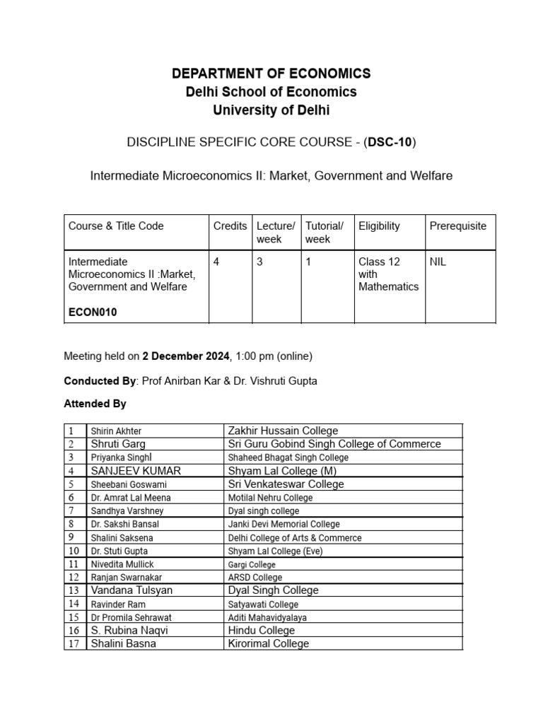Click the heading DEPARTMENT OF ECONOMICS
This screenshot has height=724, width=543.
click(271, 74)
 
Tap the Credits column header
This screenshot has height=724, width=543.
click(230, 226)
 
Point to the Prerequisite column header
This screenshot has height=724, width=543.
click(457, 226)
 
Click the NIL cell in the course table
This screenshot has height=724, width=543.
click(438, 262)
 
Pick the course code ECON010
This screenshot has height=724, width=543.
click(93, 313)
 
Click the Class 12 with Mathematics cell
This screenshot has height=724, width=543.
click(388, 274)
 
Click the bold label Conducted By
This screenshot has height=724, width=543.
click(99, 381)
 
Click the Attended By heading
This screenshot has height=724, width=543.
click(95, 404)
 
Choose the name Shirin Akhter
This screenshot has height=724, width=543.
click(116, 431)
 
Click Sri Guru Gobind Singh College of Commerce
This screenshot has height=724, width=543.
click(334, 444)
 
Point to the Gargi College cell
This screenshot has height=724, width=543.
click(252, 565)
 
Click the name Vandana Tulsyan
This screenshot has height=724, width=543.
click(132, 590)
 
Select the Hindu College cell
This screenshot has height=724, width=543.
click(261, 631)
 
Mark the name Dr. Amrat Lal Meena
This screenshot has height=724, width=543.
click(131, 498)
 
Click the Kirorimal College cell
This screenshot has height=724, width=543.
click(268, 643)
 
